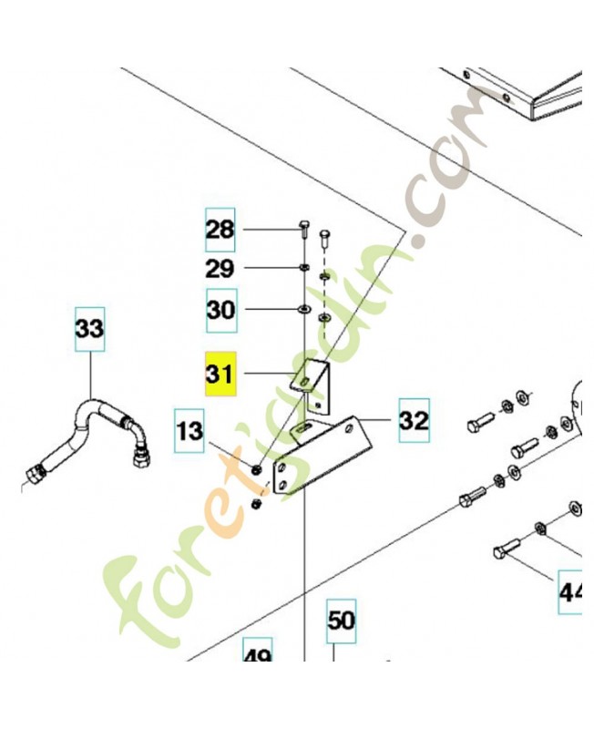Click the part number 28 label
tap(220, 231)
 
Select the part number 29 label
tap(220, 269)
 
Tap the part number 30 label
tap(221, 310)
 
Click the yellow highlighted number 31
tap(220, 374)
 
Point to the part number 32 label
tap(414, 420)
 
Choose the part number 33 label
tap(89, 329)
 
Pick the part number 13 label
tap(189, 431)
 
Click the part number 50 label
tap(341, 621)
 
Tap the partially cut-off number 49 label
tap(258, 651)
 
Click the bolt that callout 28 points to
tap(302, 231)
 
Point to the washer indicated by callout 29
tap(303, 268)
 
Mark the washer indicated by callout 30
tap(303, 308)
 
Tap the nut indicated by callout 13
tap(256, 470)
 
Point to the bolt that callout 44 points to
tap(507, 549)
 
